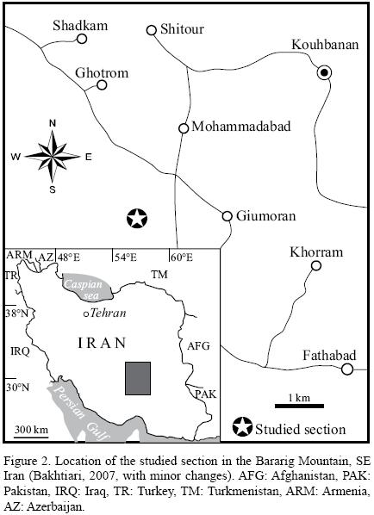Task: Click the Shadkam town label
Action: pos(81,25)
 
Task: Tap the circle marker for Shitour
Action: pos(152,30)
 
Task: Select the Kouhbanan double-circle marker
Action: pos(324,72)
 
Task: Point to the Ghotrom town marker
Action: pos(102,84)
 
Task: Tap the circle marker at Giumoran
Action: pos(228,215)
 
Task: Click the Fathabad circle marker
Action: pos(347,369)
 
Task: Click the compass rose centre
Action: pos(52,156)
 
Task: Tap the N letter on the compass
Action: pos(52,123)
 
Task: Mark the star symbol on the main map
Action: pos(135,218)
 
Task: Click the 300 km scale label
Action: pos(31,430)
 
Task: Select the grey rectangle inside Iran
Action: pos(138,377)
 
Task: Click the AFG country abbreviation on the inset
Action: pos(198,345)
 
